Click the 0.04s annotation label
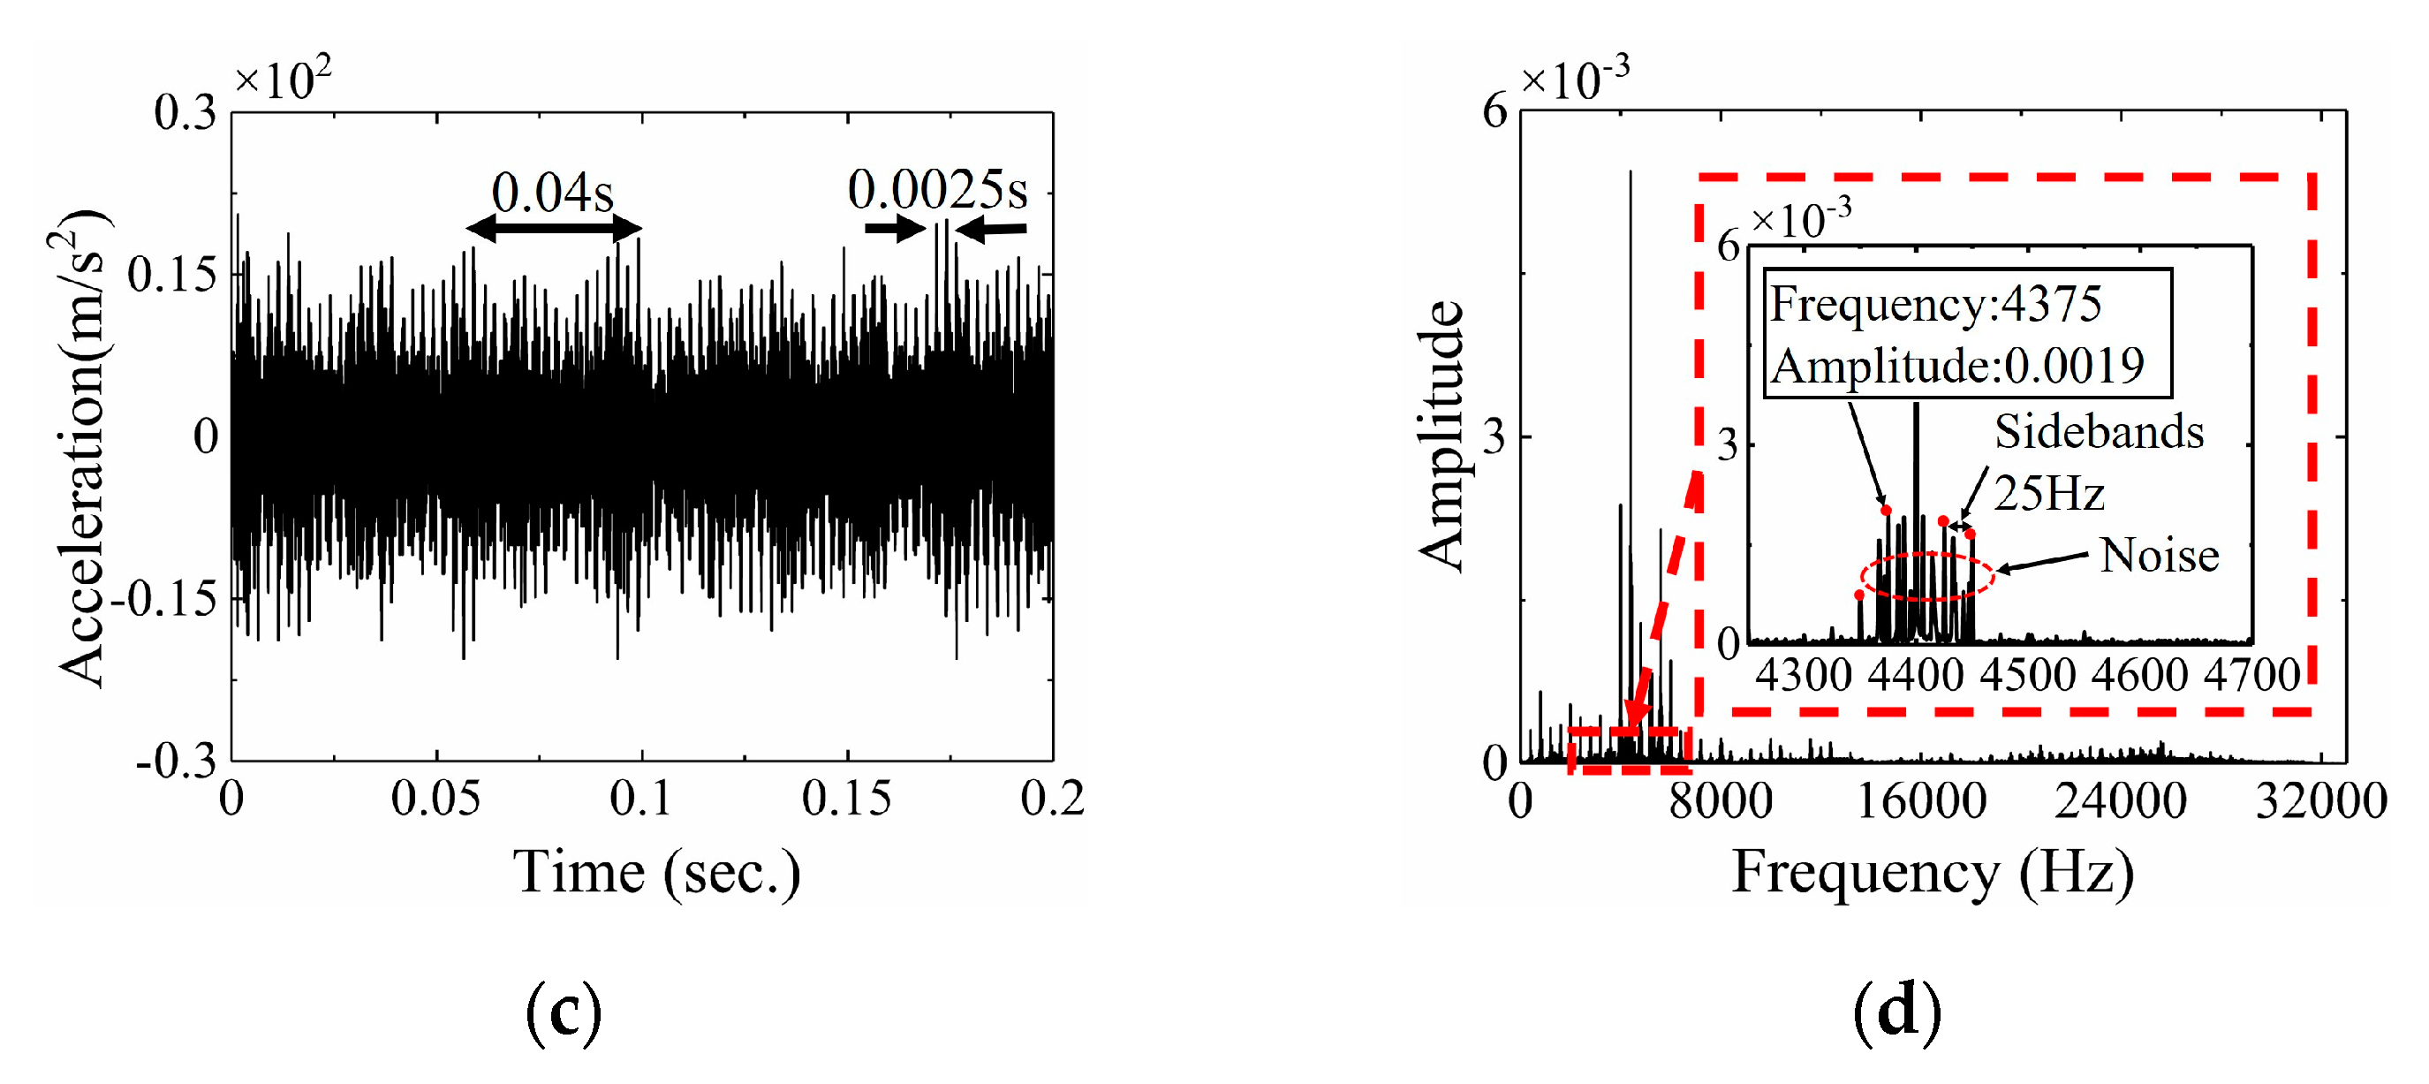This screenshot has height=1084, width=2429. click(x=553, y=193)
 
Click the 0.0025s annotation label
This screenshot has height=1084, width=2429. click(x=937, y=190)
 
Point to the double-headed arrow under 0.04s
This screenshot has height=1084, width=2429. click(x=554, y=227)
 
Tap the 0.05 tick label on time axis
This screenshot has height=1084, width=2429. click(x=435, y=799)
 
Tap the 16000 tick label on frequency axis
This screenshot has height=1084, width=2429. click(x=1921, y=801)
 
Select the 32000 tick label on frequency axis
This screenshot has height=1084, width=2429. click(x=2320, y=801)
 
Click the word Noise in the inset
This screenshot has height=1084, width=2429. click(x=2160, y=555)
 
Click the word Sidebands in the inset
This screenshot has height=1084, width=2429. click(x=2099, y=431)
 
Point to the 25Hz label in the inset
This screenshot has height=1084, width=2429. click(x=2049, y=494)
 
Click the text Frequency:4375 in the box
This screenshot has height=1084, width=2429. click(x=1935, y=304)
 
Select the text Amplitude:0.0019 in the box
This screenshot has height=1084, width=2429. click(x=1957, y=365)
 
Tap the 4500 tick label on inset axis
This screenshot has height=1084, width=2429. click(x=2027, y=675)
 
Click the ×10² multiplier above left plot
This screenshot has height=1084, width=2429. click(x=283, y=80)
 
